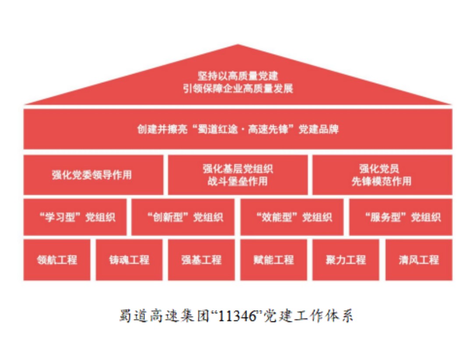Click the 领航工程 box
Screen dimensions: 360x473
tap(57, 260)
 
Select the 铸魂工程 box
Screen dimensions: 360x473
tap(129, 260)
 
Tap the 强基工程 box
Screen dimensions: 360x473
tap(201, 260)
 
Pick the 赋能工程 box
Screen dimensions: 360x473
tap(274, 260)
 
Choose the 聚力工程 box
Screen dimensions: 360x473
tap(346, 260)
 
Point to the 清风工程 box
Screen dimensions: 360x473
tap(419, 260)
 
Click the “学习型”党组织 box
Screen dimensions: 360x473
tap(75, 217)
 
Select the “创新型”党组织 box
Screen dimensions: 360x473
tap(183, 217)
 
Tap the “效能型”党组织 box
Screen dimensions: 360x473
tap(292, 217)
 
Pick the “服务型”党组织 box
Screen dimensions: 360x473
tap(401, 217)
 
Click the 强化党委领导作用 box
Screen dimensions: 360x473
tap(93, 175)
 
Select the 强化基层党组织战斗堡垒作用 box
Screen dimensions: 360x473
tap(238, 175)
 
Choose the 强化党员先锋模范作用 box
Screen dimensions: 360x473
tap(382, 175)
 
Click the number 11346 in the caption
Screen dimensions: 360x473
tap(240, 316)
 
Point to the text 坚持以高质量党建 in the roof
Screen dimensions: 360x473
tap(238, 76)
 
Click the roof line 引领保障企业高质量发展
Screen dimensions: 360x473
tap(238, 88)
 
